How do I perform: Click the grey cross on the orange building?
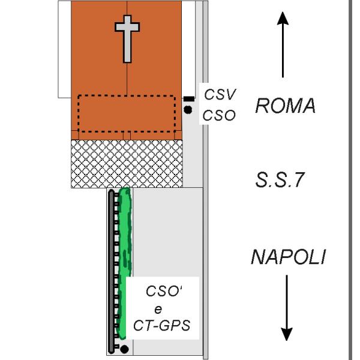click(127, 39)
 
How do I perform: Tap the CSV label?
click(220, 94)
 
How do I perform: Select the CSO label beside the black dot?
click(219, 115)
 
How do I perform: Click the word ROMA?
click(286, 106)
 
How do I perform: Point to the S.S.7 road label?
click(280, 179)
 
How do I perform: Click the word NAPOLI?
click(289, 257)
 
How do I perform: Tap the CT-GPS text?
click(162, 326)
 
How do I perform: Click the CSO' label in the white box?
click(164, 290)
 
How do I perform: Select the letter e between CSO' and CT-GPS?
click(158, 310)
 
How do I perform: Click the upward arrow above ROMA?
click(283, 45)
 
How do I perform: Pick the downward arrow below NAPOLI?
click(287, 308)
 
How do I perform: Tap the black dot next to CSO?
click(188, 110)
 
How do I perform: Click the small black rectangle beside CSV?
click(189, 99)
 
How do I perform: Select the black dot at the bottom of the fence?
click(124, 349)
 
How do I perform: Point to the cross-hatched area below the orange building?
click(127, 164)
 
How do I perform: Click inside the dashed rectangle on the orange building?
click(127, 113)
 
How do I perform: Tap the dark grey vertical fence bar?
click(112, 271)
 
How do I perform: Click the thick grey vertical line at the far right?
click(350, 180)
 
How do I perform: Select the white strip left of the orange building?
click(65, 49)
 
